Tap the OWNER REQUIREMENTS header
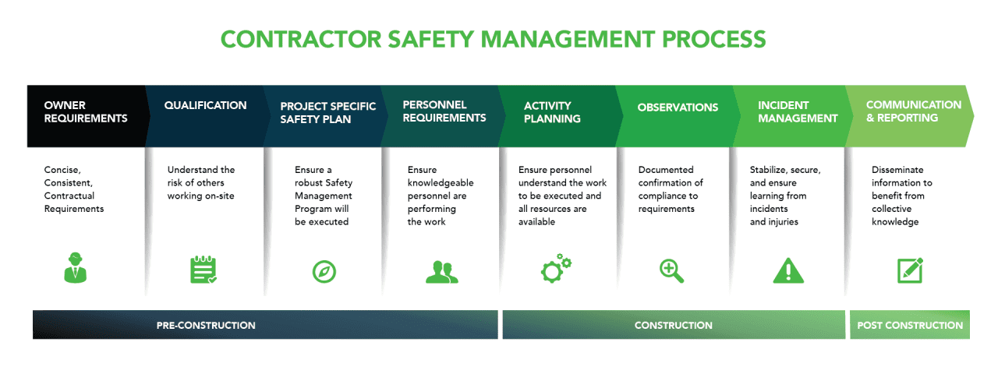tap(86, 112)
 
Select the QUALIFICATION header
tap(205, 105)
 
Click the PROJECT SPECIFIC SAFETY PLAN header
tap(327, 112)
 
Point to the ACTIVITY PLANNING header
tap(552, 112)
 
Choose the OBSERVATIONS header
tap(678, 107)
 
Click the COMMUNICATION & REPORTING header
tap(914, 111)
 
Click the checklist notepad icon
tap(203, 269)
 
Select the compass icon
tap(324, 270)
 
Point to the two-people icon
tap(442, 270)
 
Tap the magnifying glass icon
tap(671, 270)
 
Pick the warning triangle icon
tap(788, 270)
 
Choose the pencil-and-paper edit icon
tap(910, 270)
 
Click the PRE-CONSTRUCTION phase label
tap(206, 325)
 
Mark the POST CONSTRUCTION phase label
tap(910, 325)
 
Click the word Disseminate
tap(897, 170)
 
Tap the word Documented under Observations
tap(666, 170)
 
